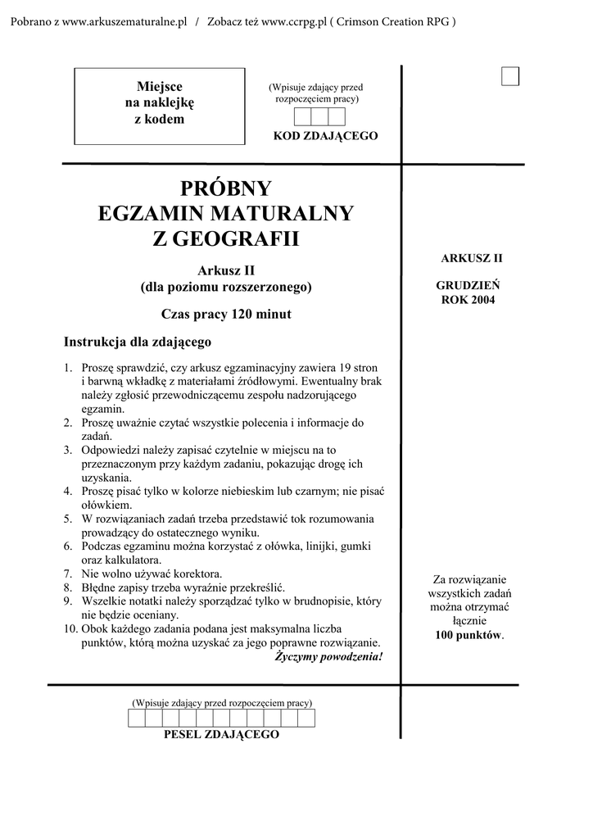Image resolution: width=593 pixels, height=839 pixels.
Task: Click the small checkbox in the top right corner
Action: point(510,76)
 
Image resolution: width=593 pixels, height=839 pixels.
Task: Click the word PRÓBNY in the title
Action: point(225,188)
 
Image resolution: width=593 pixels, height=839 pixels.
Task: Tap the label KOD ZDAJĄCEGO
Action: point(325,135)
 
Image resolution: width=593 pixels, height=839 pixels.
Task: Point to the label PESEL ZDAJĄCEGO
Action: point(221,734)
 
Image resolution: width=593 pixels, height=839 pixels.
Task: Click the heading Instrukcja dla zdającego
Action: point(138,341)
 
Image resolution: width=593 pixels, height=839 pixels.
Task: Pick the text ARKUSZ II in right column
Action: point(471,258)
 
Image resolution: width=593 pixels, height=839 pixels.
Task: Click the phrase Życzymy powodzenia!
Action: point(328,657)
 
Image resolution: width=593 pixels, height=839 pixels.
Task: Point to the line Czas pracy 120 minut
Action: point(226,314)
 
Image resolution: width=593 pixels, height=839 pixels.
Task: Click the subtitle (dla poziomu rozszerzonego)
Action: point(226,287)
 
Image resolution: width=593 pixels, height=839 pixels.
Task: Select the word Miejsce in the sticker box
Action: point(160,87)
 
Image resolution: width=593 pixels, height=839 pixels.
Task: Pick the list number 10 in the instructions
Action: point(70,629)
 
